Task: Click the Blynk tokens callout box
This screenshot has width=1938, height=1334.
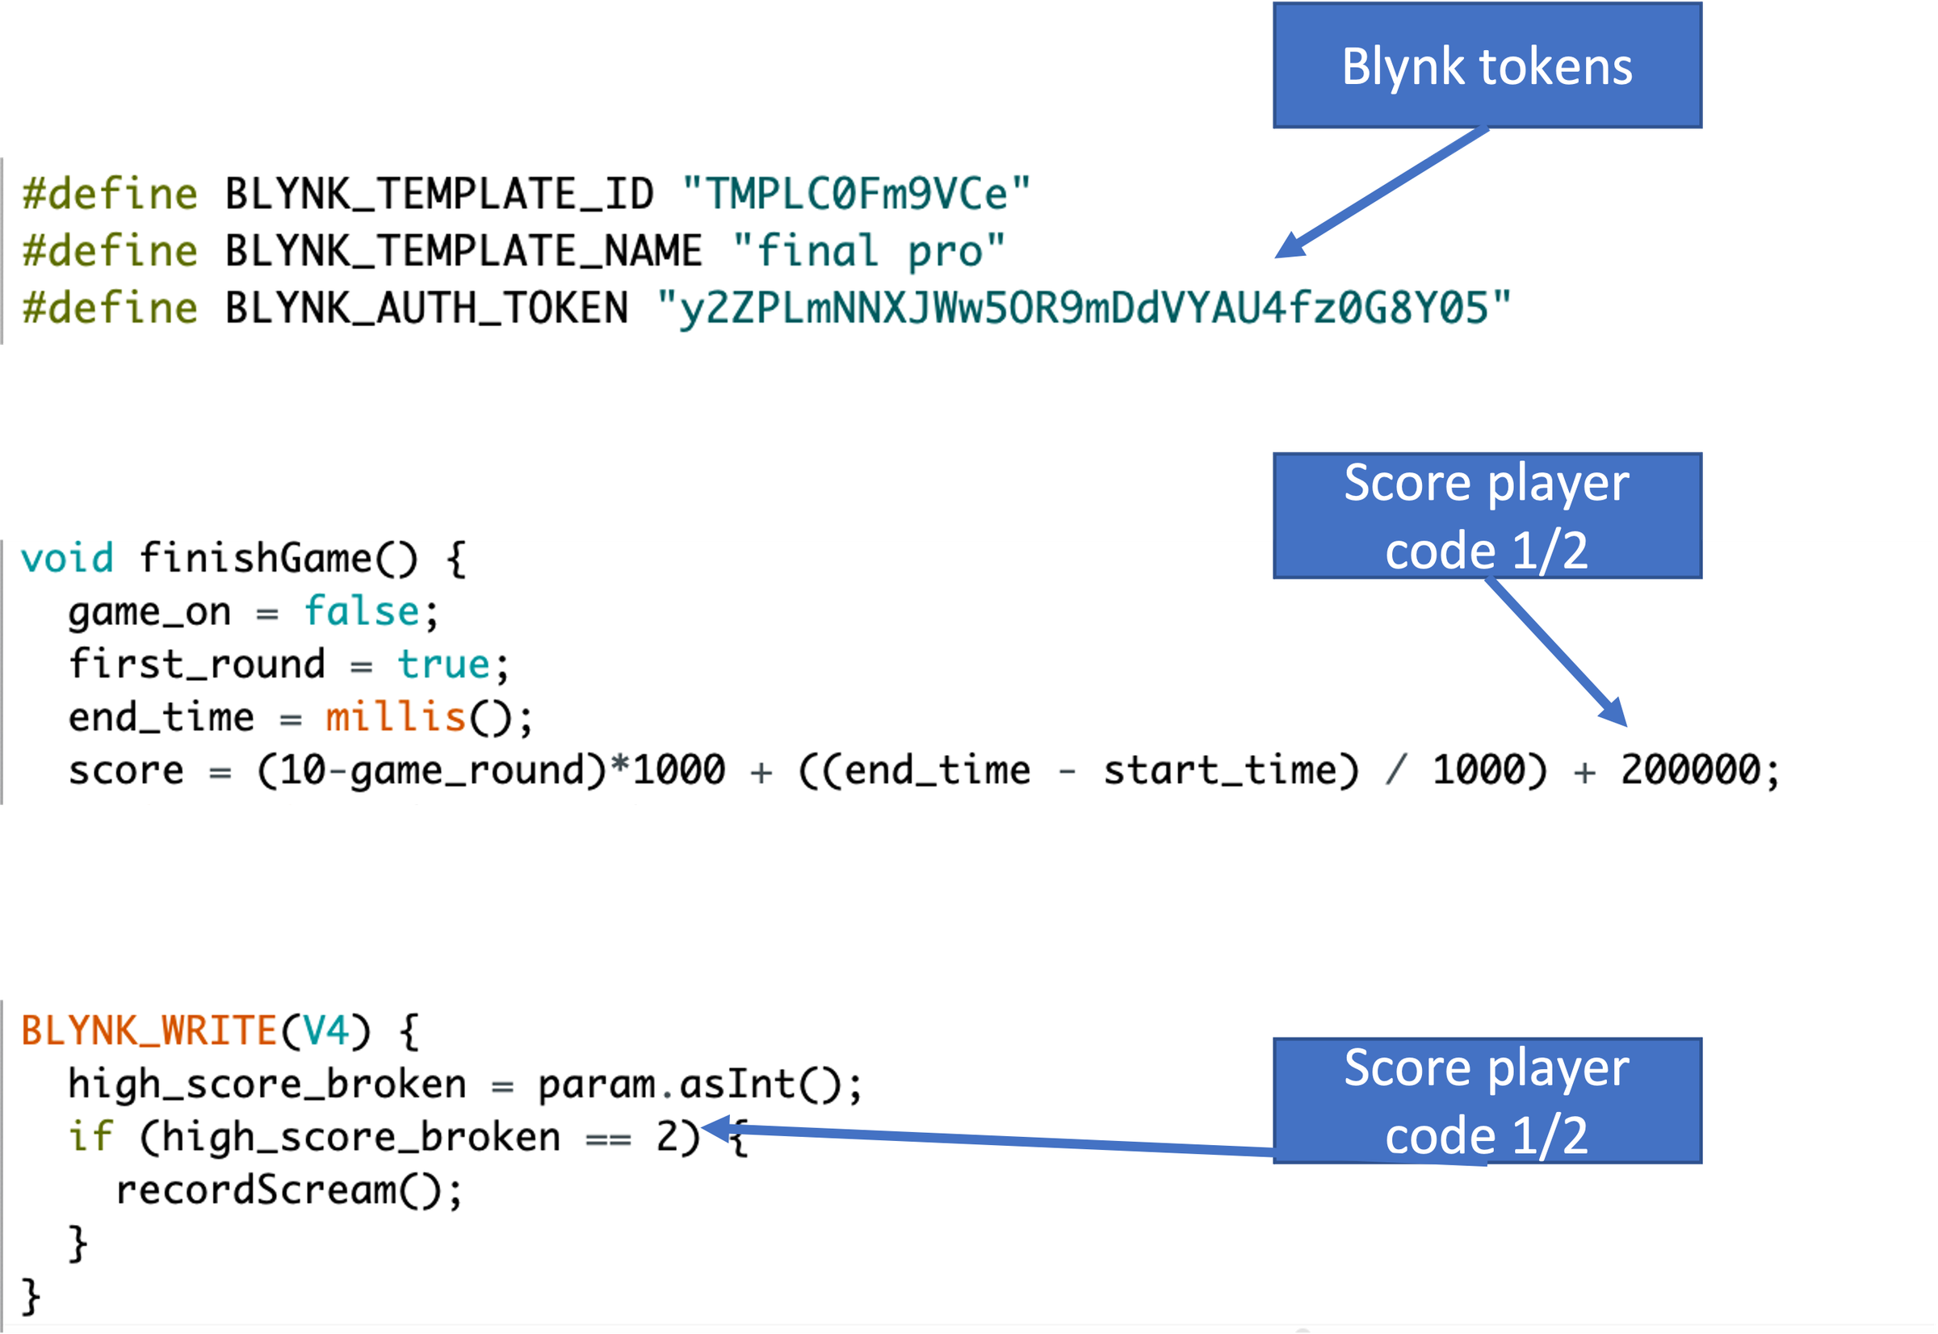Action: (x=1487, y=66)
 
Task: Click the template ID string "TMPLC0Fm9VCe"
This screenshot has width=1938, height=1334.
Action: (x=856, y=194)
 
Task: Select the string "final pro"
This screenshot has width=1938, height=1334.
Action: (x=868, y=251)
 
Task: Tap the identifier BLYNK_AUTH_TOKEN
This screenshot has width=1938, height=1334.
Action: (x=426, y=308)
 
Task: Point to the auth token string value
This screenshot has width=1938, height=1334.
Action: (x=1083, y=308)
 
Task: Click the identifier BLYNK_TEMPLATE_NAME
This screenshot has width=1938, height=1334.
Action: (x=464, y=251)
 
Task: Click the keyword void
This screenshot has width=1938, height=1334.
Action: (x=67, y=558)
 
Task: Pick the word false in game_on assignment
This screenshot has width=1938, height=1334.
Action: (x=361, y=611)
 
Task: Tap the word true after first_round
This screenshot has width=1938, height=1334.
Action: (x=443, y=665)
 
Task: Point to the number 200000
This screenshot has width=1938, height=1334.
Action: (x=1691, y=770)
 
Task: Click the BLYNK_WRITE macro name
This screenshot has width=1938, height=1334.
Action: (x=149, y=1030)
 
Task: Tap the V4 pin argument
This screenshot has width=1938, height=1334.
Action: (x=326, y=1030)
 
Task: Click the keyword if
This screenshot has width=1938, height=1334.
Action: (x=90, y=1137)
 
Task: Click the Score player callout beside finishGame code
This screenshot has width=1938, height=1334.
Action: (x=1487, y=516)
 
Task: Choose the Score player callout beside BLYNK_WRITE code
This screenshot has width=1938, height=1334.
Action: (x=1487, y=1100)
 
